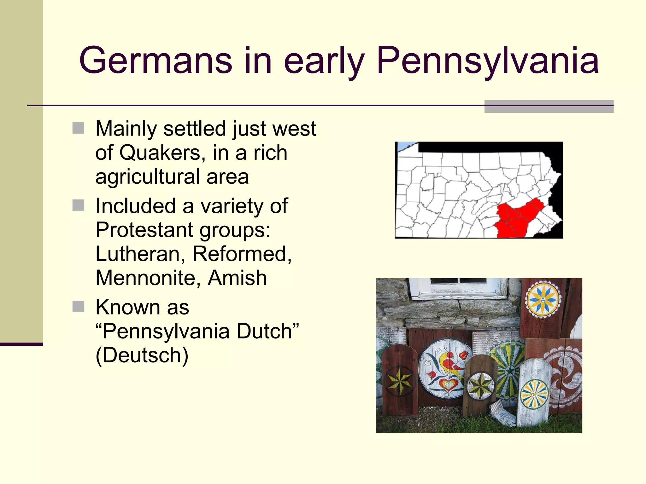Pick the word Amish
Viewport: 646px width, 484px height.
(x=237, y=278)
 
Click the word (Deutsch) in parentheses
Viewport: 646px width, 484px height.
(x=142, y=355)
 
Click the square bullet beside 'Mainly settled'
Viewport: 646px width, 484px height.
(x=78, y=128)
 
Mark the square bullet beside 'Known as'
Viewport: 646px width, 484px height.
(x=78, y=307)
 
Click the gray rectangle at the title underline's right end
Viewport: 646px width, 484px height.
(x=549, y=107)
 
